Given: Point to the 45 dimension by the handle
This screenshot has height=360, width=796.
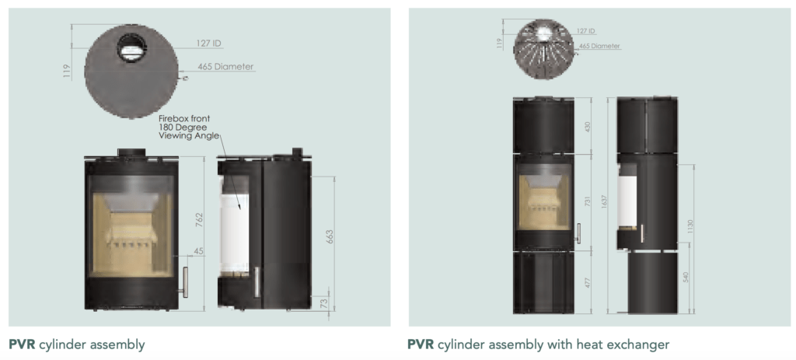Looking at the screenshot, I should (x=199, y=250).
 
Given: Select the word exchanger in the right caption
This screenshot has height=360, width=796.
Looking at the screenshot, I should (x=641, y=344).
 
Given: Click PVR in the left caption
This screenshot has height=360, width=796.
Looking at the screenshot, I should (x=22, y=344).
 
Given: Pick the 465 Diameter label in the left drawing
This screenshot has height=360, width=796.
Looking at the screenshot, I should (x=225, y=67).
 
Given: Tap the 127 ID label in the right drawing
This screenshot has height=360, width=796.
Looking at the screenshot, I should (x=586, y=31).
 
